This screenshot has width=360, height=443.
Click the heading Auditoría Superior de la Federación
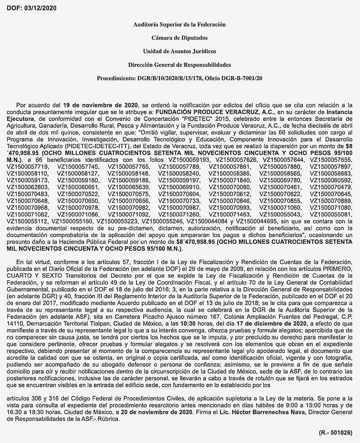tap(180, 24)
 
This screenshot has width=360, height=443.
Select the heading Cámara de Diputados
tap(180, 38)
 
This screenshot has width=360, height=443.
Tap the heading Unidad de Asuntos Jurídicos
tap(180, 51)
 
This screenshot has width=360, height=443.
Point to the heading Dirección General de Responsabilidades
tap(180, 65)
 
